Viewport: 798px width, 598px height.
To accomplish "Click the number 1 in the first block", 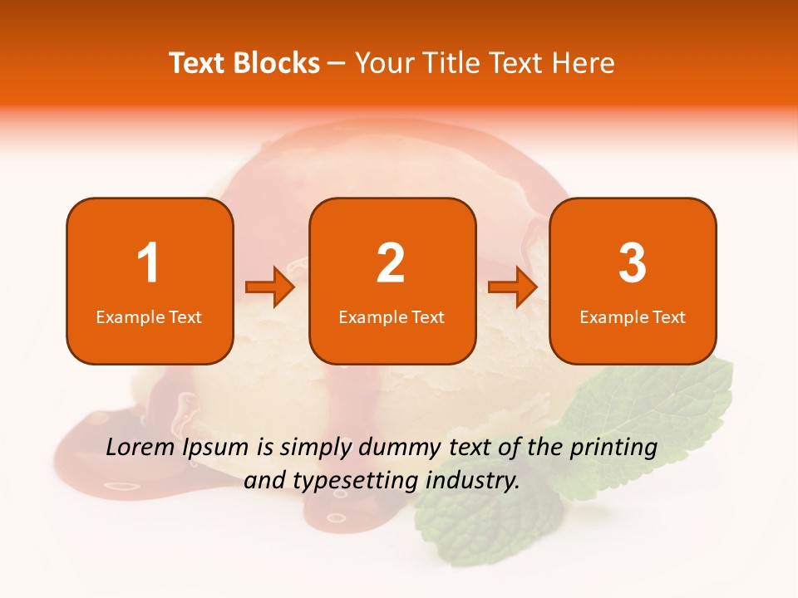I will [x=148, y=264].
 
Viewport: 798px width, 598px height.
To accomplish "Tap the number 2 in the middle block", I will [x=391, y=264].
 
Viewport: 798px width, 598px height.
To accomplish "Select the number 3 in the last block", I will [x=633, y=264].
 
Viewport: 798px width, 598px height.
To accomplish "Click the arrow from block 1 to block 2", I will [x=270, y=287].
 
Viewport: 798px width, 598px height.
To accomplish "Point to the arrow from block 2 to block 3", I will [x=513, y=287].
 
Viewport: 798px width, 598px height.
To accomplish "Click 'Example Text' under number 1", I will [x=149, y=317].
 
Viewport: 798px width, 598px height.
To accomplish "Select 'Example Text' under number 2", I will [x=392, y=317].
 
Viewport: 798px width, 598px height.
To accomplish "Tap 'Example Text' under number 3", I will [x=633, y=317].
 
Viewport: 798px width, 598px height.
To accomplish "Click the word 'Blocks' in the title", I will [x=277, y=63].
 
